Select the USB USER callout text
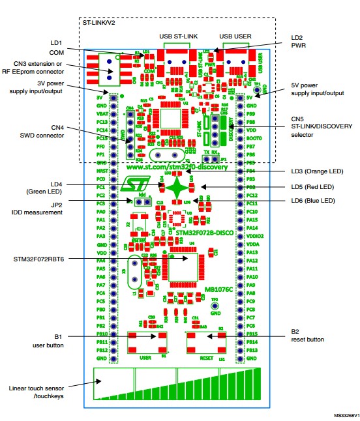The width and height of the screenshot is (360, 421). (x=234, y=35)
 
